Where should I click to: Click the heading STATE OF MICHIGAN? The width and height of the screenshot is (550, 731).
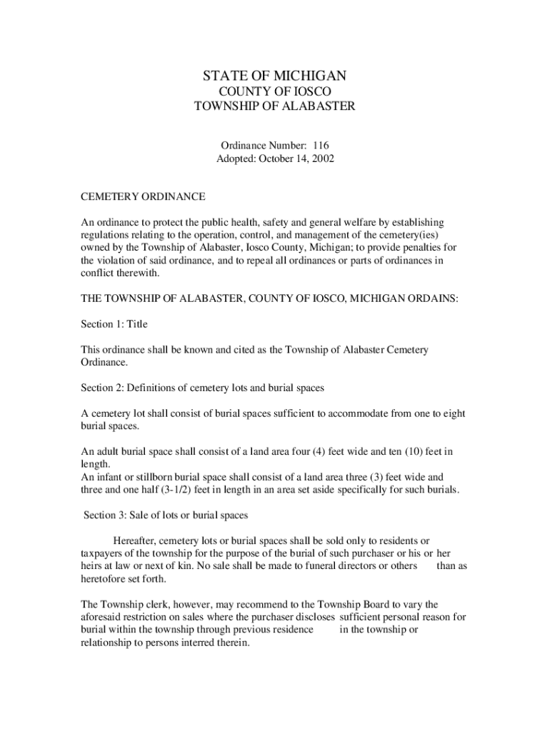tap(275, 76)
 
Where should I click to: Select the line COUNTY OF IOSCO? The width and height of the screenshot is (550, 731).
tap(275, 92)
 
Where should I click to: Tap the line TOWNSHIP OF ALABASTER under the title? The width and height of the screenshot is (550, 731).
tap(275, 106)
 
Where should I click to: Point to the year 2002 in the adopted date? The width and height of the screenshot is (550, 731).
tap(322, 158)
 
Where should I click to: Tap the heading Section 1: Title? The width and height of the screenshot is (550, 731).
tap(114, 324)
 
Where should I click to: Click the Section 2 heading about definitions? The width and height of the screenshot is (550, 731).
tap(203, 388)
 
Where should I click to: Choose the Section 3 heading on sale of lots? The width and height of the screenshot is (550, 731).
tap(166, 515)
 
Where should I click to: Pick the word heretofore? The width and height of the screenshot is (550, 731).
tap(105, 579)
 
